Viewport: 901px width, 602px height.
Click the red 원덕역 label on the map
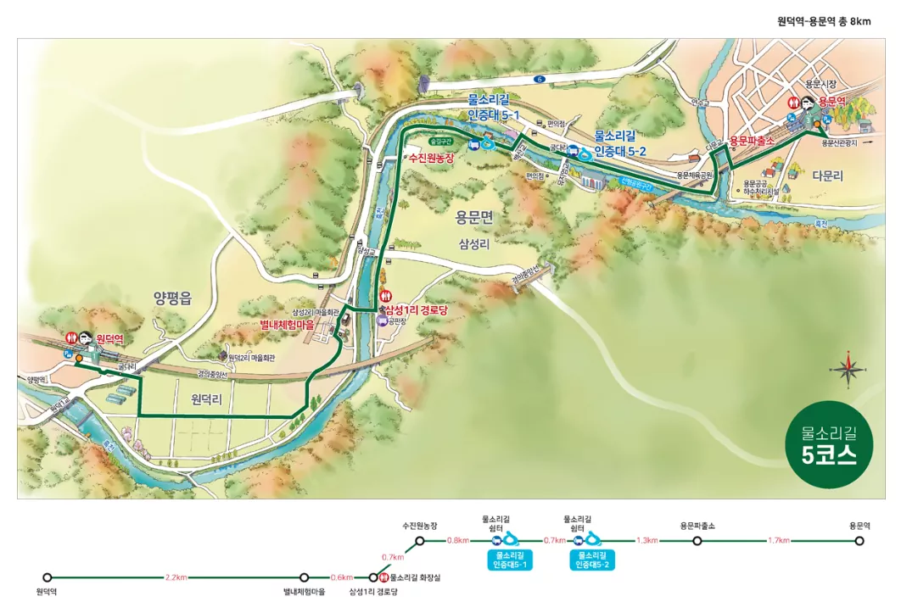point(109,338)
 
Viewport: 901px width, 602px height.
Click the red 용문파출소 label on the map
point(754,141)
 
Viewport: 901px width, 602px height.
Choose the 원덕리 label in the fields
point(206,403)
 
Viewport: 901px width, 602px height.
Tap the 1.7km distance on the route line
point(779,540)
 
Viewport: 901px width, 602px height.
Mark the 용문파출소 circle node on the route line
point(697,540)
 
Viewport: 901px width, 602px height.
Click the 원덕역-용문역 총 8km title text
point(824,21)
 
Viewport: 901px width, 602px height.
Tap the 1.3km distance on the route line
point(646,540)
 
